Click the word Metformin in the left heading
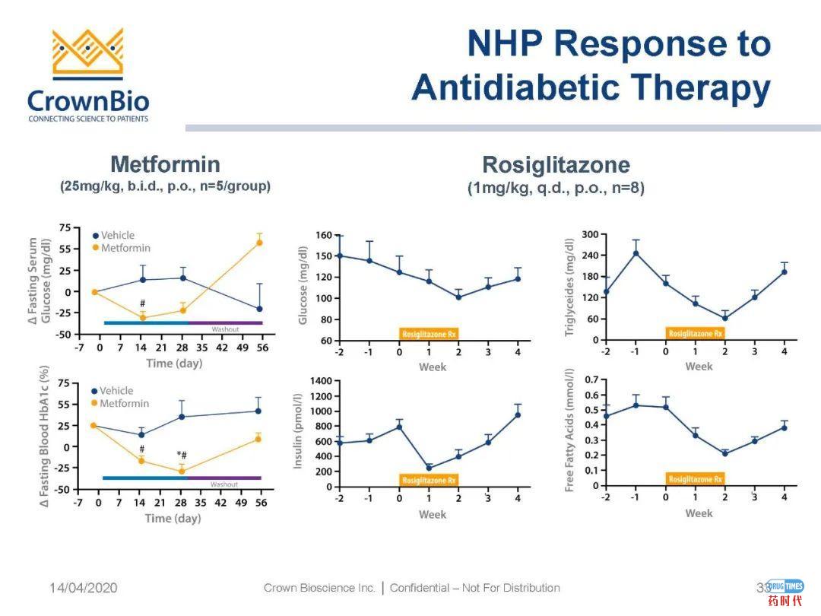click(x=165, y=164)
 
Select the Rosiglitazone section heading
click(x=556, y=165)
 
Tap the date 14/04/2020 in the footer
click(x=84, y=588)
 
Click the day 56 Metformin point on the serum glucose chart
click(x=259, y=243)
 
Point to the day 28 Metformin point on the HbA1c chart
click(x=182, y=472)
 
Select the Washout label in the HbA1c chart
click(x=224, y=484)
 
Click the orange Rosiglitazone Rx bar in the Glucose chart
click(x=430, y=333)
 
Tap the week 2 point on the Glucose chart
click(x=458, y=297)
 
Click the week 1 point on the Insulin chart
click(x=429, y=468)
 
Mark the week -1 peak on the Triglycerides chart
click(x=636, y=253)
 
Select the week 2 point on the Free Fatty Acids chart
click(x=724, y=453)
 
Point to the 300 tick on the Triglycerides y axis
click(x=590, y=234)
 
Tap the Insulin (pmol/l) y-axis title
click(x=299, y=430)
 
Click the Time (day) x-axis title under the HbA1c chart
click(x=173, y=519)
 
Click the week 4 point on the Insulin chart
click(x=518, y=414)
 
